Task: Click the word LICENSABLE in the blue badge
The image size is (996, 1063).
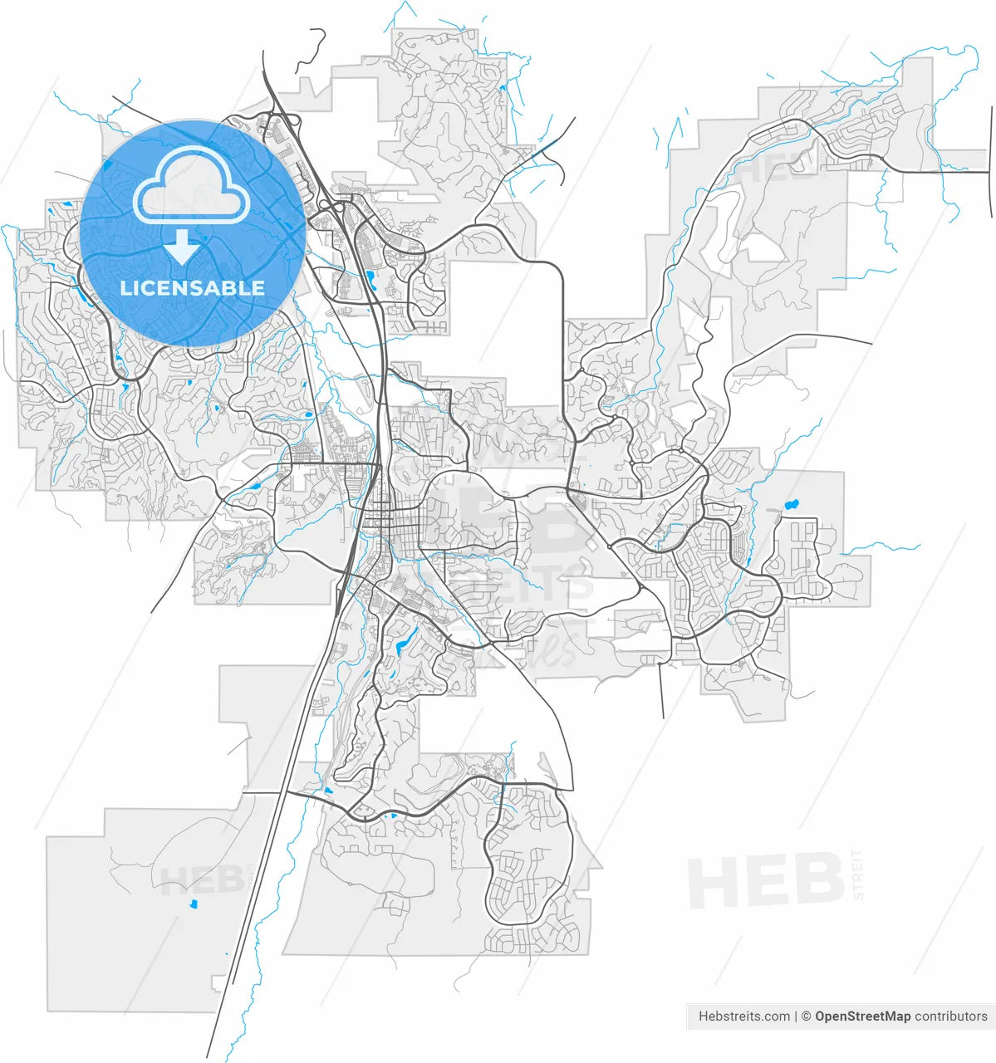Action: [x=193, y=288]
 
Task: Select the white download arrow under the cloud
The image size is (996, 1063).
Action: [x=182, y=247]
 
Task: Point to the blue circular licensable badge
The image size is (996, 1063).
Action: [x=193, y=233]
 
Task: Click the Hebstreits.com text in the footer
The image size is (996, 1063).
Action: [x=744, y=1016]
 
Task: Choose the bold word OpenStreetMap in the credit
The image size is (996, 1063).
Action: [x=862, y=1016]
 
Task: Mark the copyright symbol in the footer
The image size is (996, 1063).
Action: [x=806, y=1016]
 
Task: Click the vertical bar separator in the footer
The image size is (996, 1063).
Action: [x=796, y=1016]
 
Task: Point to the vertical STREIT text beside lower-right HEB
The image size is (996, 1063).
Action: [x=857, y=874]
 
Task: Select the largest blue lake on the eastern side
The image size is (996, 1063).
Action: [x=790, y=504]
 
